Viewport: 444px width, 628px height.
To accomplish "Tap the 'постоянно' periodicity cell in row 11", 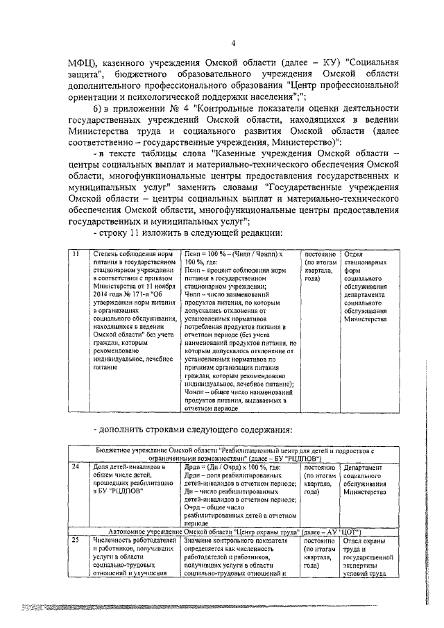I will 320,255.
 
